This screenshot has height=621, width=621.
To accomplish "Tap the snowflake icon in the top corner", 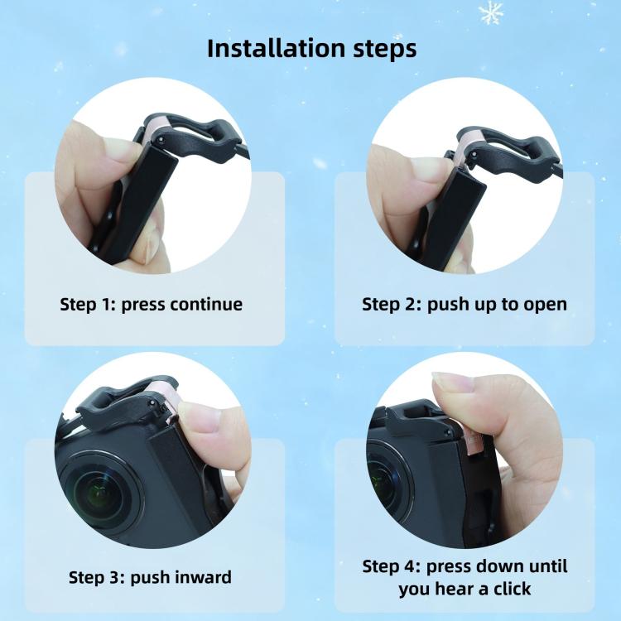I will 492,12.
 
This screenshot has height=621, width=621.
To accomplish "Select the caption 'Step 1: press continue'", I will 152,304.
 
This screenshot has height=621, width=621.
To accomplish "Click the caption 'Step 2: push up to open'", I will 465,304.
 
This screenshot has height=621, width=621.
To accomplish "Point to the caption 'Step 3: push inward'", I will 150,576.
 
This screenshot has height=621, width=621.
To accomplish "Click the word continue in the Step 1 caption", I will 206,304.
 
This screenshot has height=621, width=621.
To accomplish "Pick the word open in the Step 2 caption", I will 546,304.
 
